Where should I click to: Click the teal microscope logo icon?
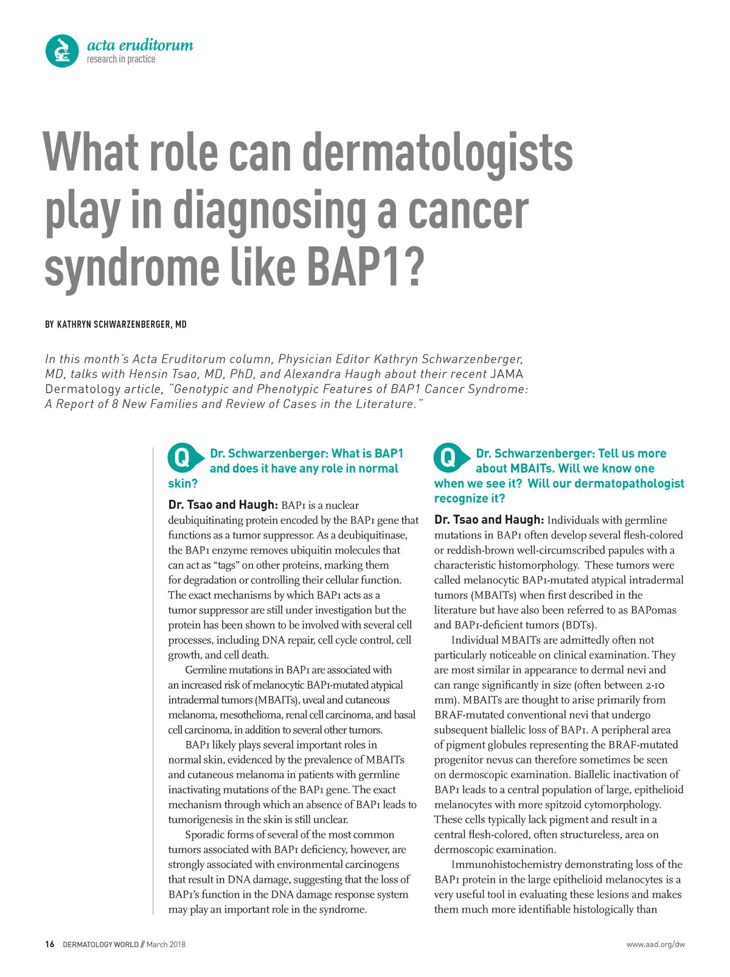[x=62, y=50]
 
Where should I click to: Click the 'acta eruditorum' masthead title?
[x=140, y=45]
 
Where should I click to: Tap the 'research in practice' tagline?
[x=120, y=60]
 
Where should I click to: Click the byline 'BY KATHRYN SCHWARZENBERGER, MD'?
[x=116, y=325]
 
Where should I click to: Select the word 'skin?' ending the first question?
[x=182, y=484]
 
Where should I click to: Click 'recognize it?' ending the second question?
[x=469, y=499]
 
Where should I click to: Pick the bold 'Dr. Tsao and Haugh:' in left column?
[x=223, y=505]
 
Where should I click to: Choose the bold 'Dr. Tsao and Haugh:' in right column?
[x=488, y=520]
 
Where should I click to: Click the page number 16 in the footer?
[x=50, y=944]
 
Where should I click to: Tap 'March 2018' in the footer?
[x=165, y=945]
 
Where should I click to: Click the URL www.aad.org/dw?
[x=655, y=945]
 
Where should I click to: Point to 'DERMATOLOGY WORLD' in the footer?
[x=100, y=945]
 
